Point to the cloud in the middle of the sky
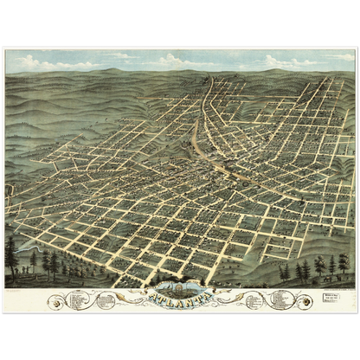[173, 60]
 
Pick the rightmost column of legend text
[281, 300]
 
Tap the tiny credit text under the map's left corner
[17, 290]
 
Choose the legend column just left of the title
[106, 300]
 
